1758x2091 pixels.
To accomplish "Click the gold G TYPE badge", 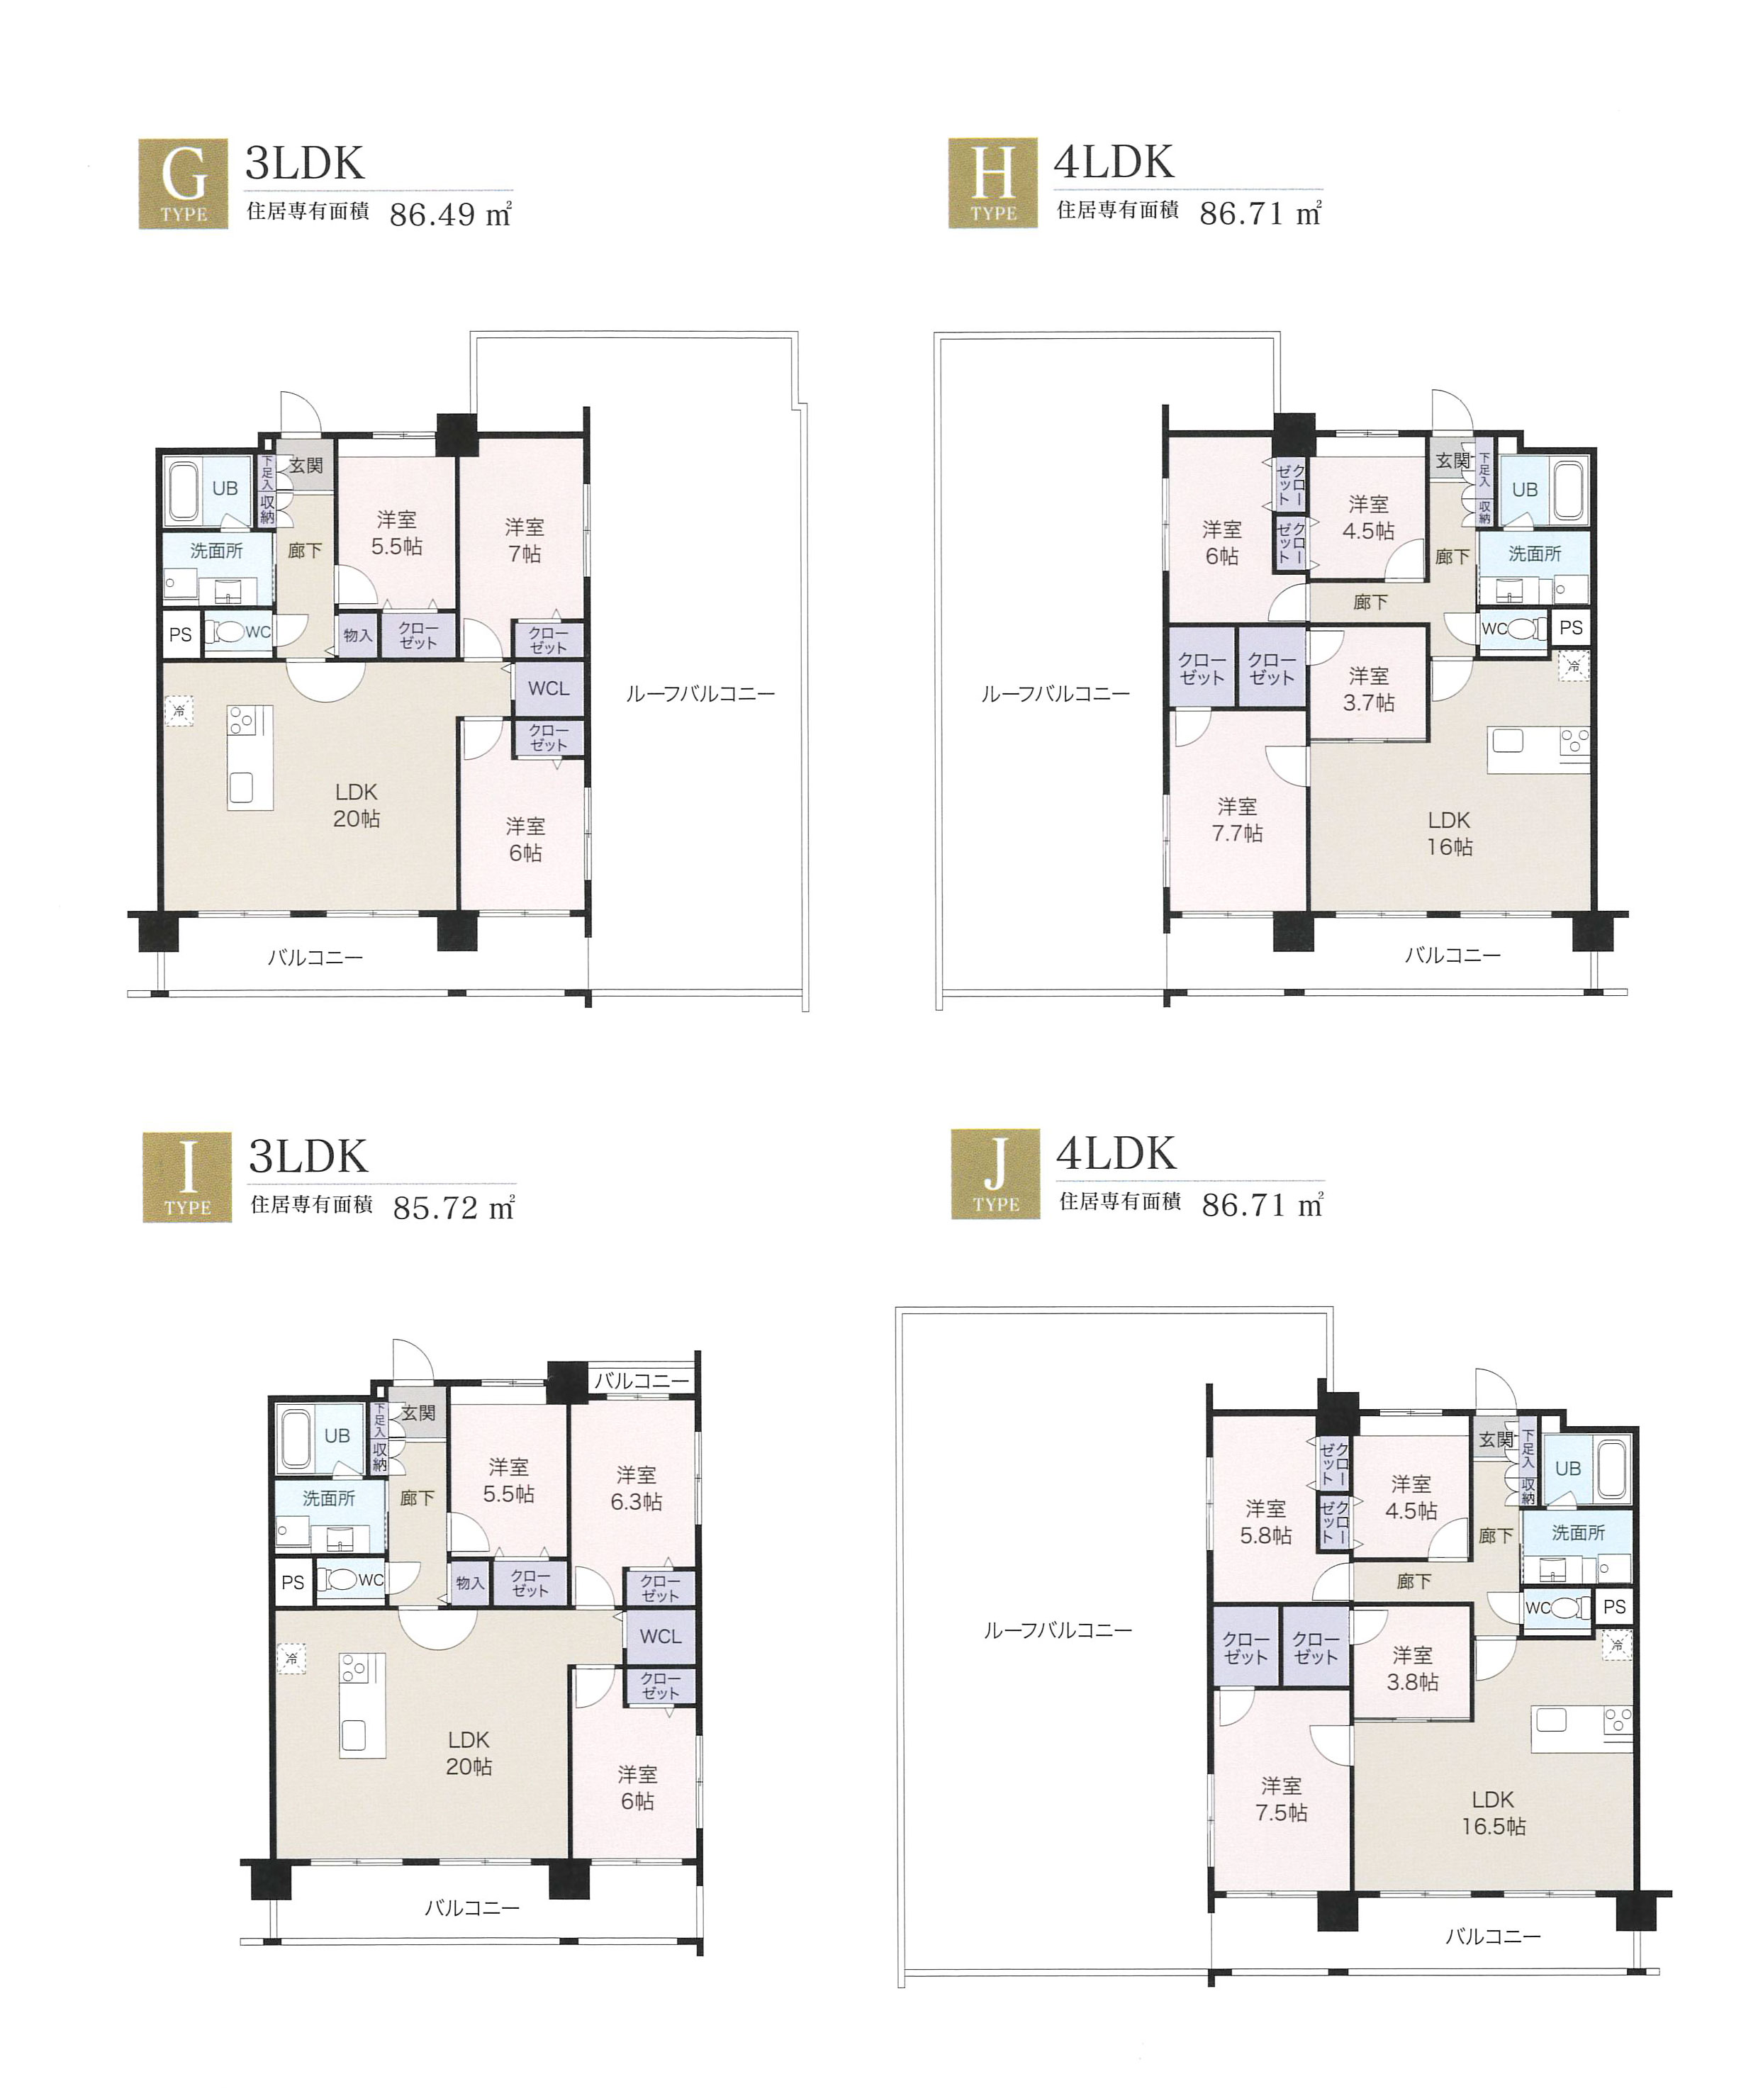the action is click(184, 184).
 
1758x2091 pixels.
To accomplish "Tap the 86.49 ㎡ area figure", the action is click(450, 214).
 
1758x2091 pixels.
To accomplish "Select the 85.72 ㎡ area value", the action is click(454, 1208).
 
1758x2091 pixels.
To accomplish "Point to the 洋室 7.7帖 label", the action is click(1237, 819).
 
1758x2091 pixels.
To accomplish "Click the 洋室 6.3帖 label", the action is click(636, 1488).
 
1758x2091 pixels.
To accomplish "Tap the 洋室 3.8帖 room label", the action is click(1412, 1669).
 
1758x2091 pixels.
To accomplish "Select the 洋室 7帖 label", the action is click(525, 540).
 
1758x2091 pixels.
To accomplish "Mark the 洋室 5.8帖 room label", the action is click(1265, 1522).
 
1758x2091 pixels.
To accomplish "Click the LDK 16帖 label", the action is click(1449, 834).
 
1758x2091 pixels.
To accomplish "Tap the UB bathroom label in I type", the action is click(337, 1435).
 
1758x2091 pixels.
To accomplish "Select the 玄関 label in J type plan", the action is click(1496, 1439).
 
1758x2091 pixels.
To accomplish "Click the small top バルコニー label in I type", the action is click(642, 1380).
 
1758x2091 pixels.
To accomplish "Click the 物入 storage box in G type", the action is click(357, 635).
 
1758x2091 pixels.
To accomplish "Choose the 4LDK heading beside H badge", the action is click(1114, 162).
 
